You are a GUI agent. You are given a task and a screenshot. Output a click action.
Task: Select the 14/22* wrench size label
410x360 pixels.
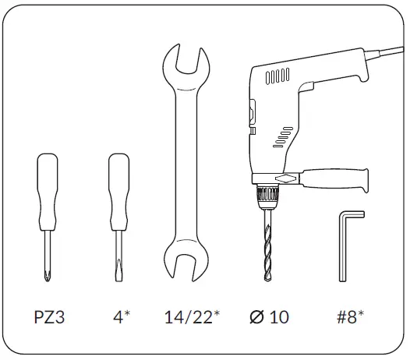(x=192, y=317)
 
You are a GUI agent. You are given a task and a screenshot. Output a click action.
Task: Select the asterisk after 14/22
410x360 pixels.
(x=217, y=313)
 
